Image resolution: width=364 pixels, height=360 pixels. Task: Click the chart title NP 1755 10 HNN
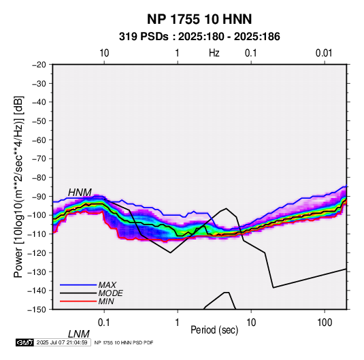click(199, 19)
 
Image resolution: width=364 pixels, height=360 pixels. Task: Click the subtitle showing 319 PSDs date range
click(199, 37)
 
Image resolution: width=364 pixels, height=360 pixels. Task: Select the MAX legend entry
click(88, 284)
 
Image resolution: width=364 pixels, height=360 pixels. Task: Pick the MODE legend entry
click(91, 293)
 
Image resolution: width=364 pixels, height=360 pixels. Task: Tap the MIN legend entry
click(87, 301)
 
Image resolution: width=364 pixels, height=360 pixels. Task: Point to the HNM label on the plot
click(80, 193)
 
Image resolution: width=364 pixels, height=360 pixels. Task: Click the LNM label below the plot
click(79, 334)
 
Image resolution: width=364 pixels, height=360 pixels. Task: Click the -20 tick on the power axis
click(39, 65)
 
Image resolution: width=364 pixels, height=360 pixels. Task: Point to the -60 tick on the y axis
click(39, 140)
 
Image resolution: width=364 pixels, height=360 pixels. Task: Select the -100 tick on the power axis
click(37, 215)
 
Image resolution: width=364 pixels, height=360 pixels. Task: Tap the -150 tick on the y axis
click(37, 310)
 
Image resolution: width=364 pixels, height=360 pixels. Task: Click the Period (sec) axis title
click(214, 330)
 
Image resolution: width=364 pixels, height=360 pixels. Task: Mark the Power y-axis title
click(18, 186)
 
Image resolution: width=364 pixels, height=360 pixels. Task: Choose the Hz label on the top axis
click(214, 53)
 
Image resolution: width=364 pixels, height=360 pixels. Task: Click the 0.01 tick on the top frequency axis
click(324, 53)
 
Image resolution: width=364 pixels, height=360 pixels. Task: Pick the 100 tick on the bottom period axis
click(325, 323)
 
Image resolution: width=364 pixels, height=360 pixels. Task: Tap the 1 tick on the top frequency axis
click(177, 53)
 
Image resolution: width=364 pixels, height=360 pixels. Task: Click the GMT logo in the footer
click(24, 342)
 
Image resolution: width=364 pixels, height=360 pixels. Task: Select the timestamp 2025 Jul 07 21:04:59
click(62, 342)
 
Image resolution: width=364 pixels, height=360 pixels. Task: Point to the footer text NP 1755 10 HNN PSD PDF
click(124, 342)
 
